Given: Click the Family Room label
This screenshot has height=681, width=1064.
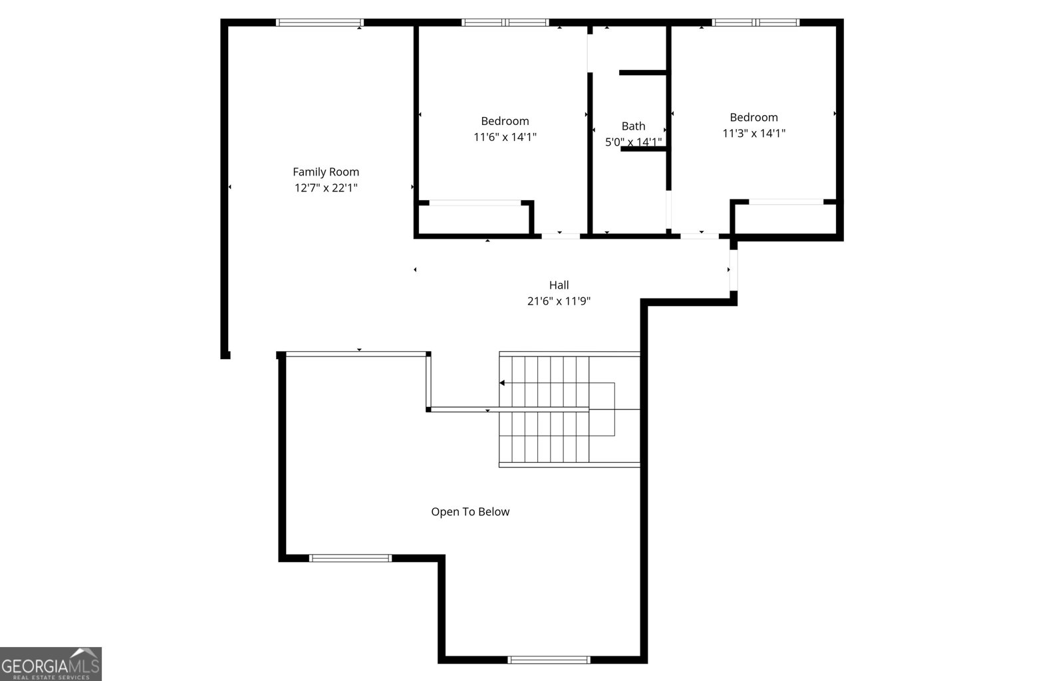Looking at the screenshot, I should click(326, 172).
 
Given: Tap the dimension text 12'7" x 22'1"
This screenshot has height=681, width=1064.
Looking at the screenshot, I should click(326, 188).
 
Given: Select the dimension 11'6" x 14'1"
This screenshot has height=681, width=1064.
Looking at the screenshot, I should click(505, 137).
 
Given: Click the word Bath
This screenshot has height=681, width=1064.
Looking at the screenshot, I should click(633, 126).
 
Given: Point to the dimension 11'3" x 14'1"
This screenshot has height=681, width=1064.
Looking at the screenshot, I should click(753, 133).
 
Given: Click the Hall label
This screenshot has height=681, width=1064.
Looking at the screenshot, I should click(559, 285).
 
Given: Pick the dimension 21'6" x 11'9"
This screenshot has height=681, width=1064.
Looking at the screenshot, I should click(559, 301).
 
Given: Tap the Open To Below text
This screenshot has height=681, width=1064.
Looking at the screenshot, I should click(470, 511).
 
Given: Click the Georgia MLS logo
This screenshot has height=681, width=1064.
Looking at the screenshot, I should click(51, 664).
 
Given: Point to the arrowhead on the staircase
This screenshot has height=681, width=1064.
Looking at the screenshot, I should click(502, 383).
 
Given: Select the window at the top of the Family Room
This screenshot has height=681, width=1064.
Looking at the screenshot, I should click(319, 23).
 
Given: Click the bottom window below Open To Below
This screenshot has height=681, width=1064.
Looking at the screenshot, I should click(549, 660).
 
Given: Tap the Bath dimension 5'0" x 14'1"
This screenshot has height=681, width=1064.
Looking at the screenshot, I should click(633, 142).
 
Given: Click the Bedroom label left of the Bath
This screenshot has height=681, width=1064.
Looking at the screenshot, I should click(505, 121).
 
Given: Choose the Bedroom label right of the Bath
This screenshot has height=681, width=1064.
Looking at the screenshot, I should click(753, 117).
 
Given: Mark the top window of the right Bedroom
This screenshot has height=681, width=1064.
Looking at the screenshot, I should click(755, 23).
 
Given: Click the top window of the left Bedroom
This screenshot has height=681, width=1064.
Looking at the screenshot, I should click(505, 23).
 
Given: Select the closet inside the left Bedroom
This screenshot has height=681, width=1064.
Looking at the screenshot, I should click(473, 218).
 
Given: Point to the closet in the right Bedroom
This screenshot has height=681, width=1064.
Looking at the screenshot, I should click(785, 217).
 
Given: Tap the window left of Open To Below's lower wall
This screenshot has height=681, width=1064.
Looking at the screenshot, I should click(350, 558).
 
